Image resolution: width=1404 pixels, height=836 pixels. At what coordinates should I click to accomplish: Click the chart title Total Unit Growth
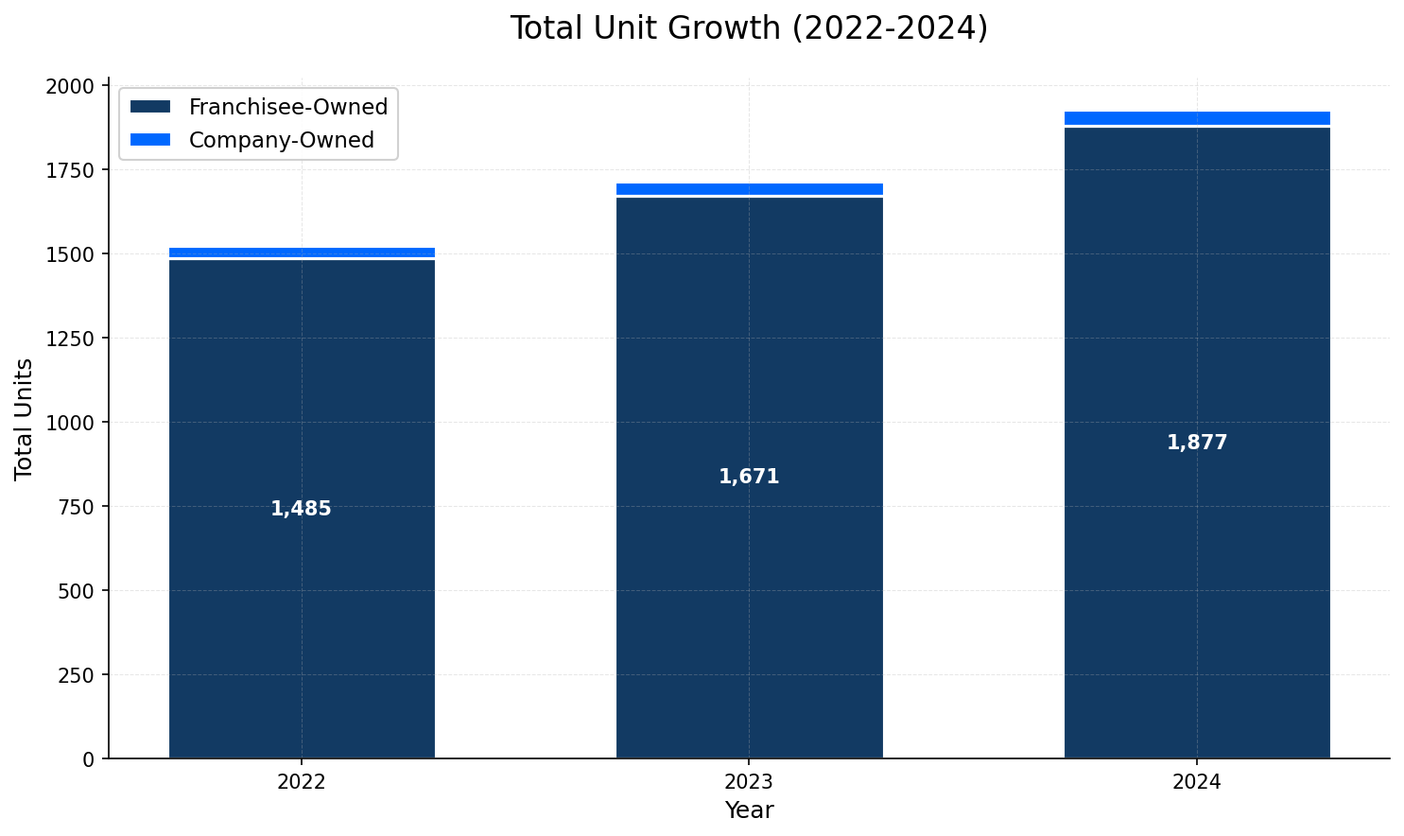(748, 28)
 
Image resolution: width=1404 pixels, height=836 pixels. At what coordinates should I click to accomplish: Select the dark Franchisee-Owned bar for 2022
(302, 615)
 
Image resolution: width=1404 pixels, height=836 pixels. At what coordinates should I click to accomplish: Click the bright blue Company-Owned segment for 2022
(302, 253)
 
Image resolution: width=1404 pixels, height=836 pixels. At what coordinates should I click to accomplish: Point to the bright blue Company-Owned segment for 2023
(749, 189)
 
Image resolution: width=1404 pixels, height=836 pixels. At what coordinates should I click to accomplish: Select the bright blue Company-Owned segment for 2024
(1196, 118)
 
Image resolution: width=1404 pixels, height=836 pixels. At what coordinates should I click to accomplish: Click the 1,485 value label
(301, 509)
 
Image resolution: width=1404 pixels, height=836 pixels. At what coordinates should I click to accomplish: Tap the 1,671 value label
(749, 477)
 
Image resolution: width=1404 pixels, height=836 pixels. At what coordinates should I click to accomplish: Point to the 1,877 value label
(1196, 443)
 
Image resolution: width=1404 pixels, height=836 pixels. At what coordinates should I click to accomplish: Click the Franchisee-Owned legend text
(287, 108)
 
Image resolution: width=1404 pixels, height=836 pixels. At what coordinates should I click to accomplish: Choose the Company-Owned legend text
(281, 140)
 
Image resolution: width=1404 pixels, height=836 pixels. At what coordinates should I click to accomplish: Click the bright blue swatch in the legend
(150, 140)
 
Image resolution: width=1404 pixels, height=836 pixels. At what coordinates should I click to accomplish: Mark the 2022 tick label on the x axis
(302, 782)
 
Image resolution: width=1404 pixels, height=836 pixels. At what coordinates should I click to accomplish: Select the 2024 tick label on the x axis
(1196, 782)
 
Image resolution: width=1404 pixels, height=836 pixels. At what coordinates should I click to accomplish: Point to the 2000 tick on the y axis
(70, 86)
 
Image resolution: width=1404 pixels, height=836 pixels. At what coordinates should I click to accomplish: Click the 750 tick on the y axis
(77, 507)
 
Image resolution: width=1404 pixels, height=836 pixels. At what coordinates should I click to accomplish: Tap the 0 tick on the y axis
(89, 758)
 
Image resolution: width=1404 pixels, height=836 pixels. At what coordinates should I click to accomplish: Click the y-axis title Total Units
(24, 418)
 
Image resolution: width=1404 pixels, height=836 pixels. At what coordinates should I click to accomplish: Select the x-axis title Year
(749, 810)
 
